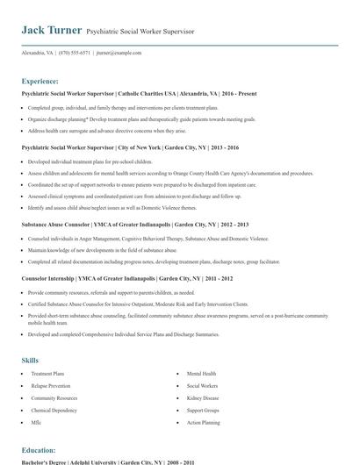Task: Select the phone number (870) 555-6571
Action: [75, 53]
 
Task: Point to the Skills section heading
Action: [30, 361]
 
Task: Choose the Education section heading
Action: [39, 449]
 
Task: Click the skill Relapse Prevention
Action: [52, 386]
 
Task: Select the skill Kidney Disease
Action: [203, 397]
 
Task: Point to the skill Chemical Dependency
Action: [54, 410]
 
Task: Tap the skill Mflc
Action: [37, 422]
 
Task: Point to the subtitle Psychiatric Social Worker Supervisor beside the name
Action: [140, 31]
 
